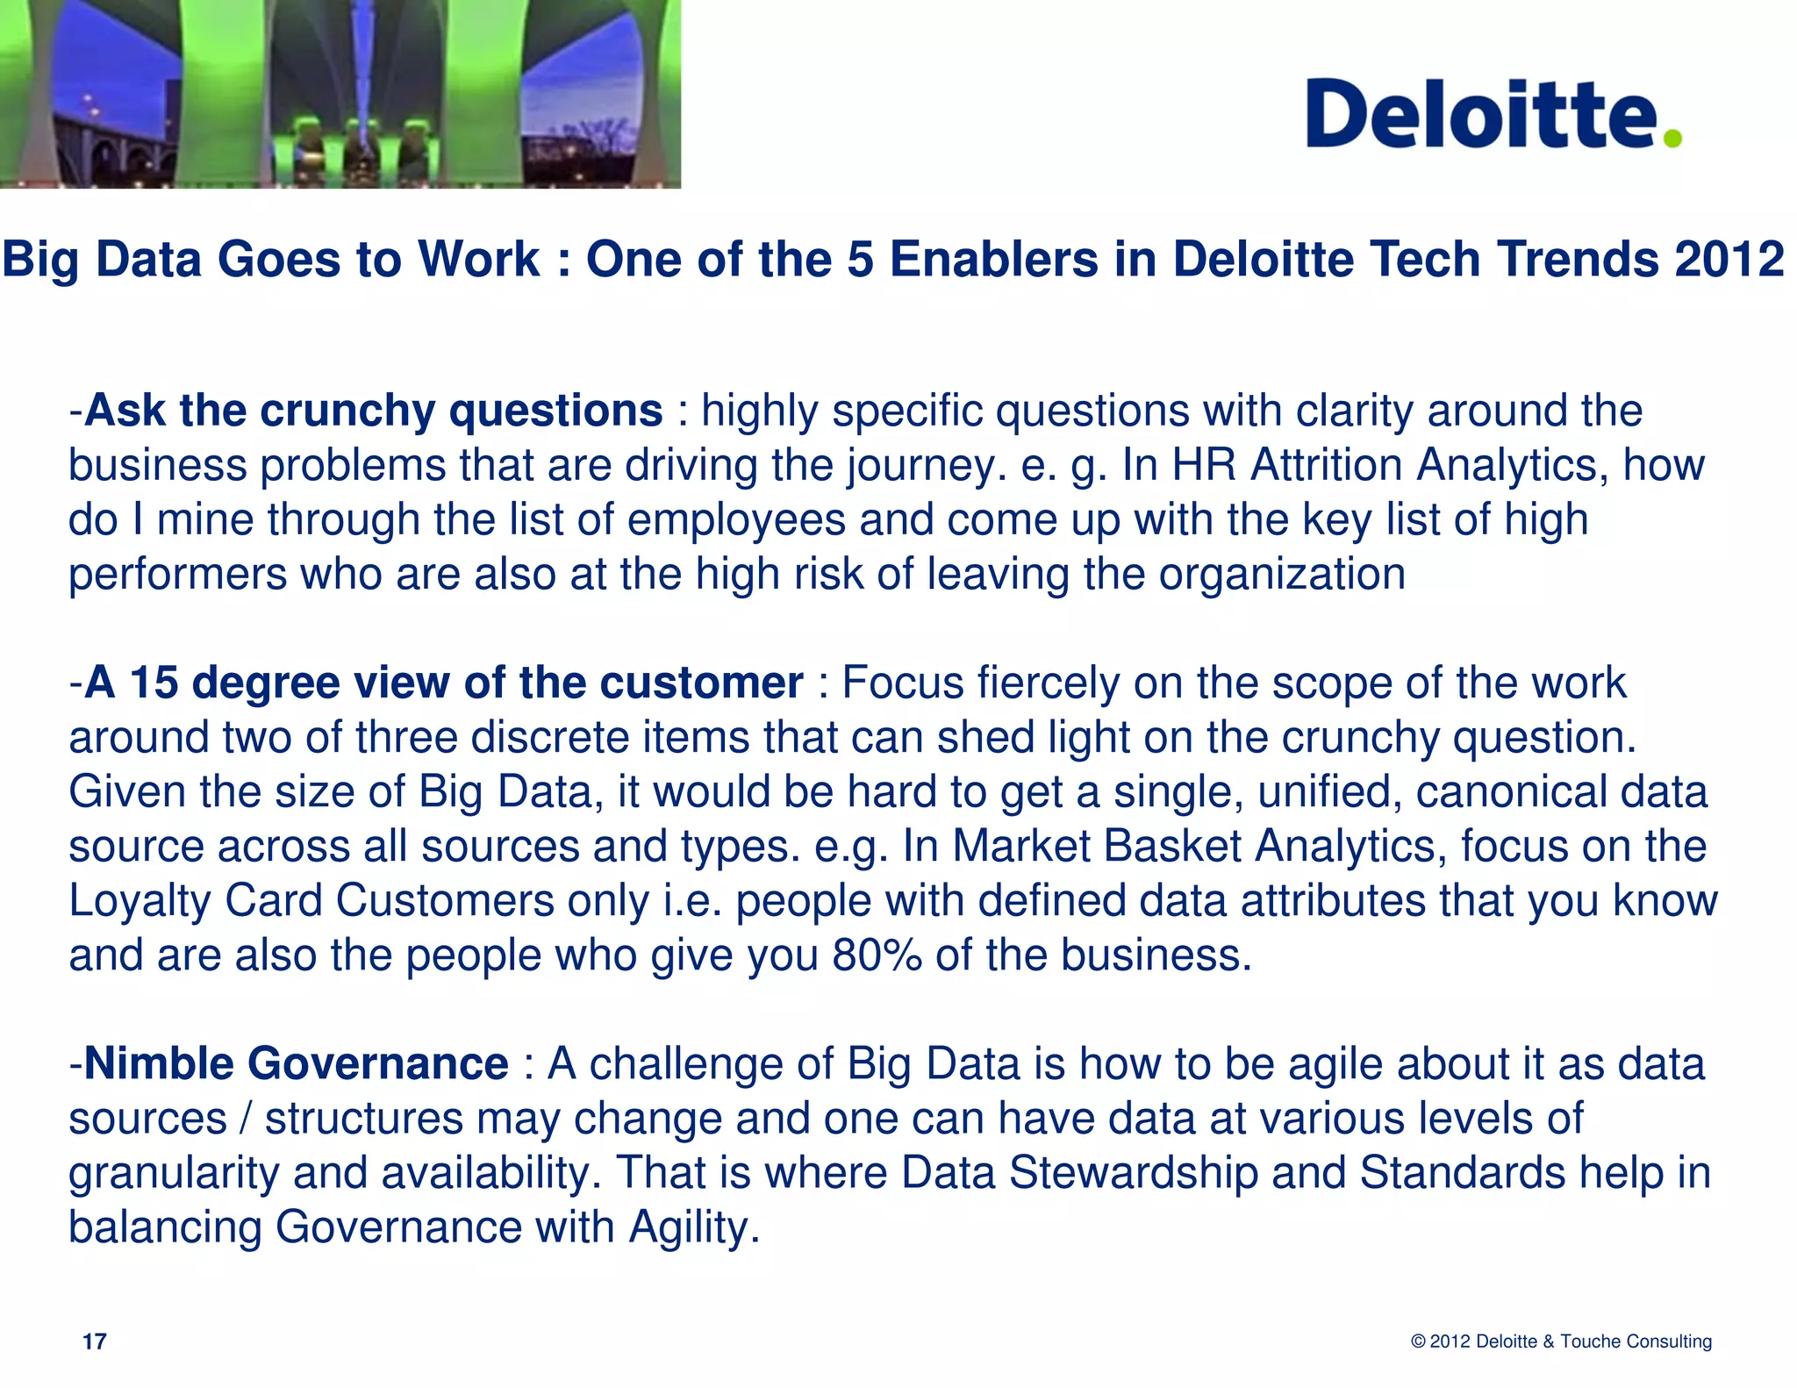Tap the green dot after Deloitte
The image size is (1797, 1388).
click(1672, 138)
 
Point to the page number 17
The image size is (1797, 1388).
click(94, 1341)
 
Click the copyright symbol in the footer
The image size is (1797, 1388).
click(1418, 1341)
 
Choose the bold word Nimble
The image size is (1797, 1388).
click(159, 1064)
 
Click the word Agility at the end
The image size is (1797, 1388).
click(692, 1228)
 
